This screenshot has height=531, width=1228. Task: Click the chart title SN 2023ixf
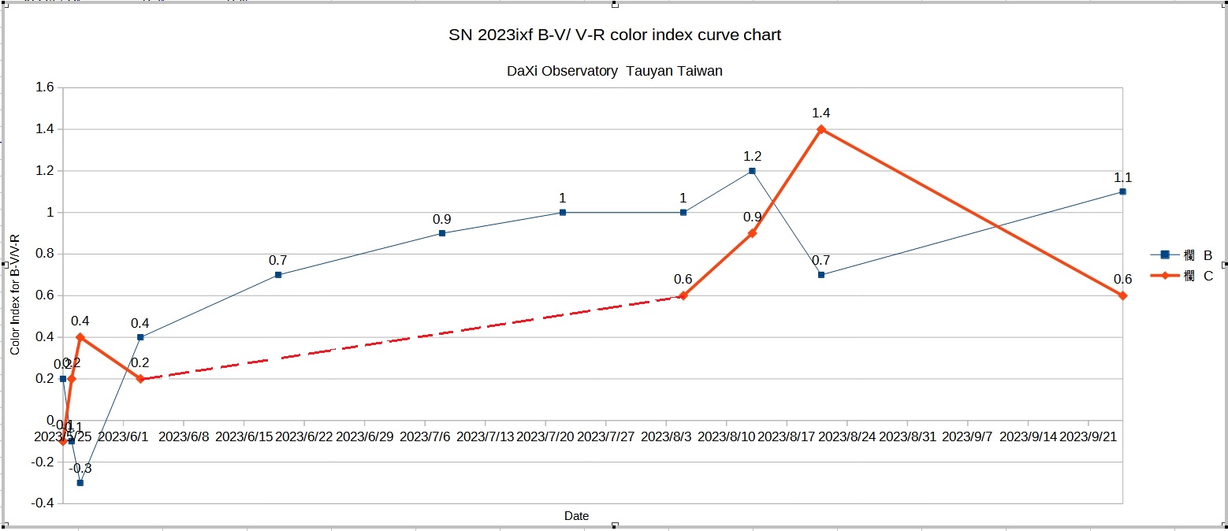pos(614,35)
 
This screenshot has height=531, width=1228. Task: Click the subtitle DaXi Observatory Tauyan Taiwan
pos(614,71)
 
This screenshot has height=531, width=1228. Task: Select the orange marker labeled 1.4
pos(821,129)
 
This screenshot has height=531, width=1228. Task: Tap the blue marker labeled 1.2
pos(752,171)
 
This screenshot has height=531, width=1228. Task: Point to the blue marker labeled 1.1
pos(1122,191)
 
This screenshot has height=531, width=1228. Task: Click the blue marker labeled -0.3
pos(80,482)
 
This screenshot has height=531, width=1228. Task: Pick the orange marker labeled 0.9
pos(752,233)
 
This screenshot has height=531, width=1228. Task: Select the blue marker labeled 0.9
pos(442,233)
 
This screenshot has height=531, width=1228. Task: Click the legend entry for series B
pos(1182,254)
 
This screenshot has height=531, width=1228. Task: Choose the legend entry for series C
pos(1182,276)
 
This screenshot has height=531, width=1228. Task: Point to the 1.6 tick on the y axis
pos(44,87)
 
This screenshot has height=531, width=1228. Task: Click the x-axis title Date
pos(576,516)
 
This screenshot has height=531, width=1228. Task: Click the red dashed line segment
pos(410,337)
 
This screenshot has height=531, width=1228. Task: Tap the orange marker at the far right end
pos(1122,295)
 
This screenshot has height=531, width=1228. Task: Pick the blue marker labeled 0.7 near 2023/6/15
pos(278,275)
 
